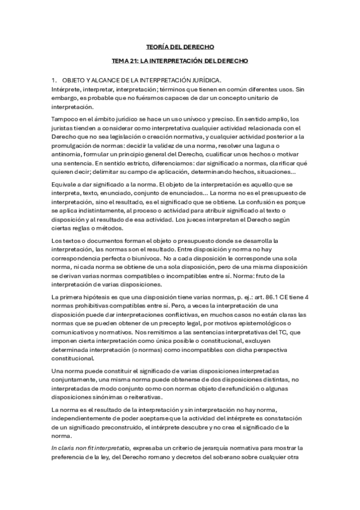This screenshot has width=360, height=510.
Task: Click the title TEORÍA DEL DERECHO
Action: click(180, 46)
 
